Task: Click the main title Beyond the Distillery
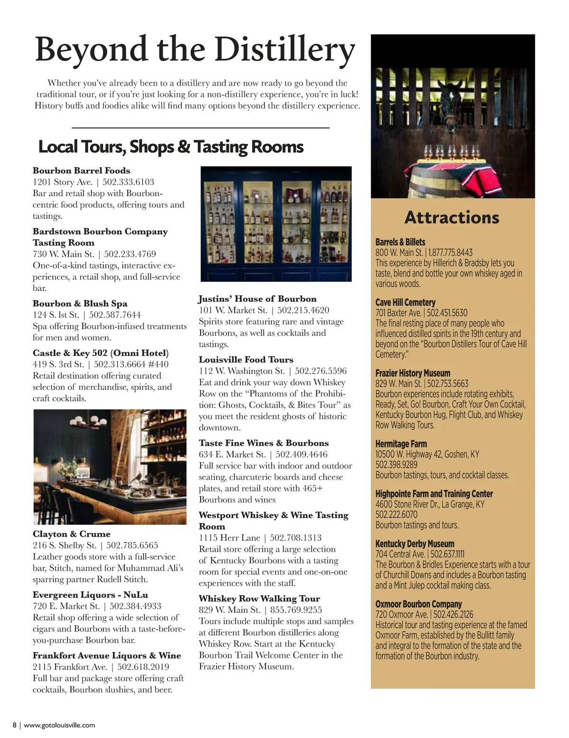click(x=195, y=50)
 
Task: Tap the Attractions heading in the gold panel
click(x=452, y=217)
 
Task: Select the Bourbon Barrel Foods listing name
click(x=82, y=171)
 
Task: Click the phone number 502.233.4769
click(x=130, y=254)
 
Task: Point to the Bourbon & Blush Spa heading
click(x=80, y=304)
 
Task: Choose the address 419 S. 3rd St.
click(x=58, y=364)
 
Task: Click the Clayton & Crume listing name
click(x=72, y=534)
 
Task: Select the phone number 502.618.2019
click(x=143, y=667)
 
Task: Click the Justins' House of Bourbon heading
click(x=257, y=299)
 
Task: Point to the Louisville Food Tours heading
click(x=246, y=360)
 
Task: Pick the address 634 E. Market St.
click(x=232, y=454)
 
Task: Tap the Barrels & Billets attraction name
click(x=400, y=242)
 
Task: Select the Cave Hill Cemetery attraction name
click(x=405, y=302)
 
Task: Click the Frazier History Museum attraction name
click(x=413, y=373)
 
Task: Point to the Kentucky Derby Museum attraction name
click(x=415, y=544)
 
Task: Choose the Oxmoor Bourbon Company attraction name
click(x=419, y=604)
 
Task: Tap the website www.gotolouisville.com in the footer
click(x=59, y=725)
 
